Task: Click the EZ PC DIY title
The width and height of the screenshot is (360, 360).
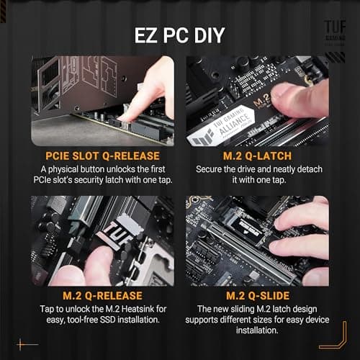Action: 180,34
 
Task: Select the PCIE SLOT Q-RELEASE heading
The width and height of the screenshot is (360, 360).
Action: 102,155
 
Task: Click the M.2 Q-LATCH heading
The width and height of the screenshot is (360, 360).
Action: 257,155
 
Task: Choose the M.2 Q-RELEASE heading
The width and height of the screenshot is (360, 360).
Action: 102,295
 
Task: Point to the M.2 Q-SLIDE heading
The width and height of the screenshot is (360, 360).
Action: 257,295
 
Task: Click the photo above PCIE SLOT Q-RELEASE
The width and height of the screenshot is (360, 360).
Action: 102,101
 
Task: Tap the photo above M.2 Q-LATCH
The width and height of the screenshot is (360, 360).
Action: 257,101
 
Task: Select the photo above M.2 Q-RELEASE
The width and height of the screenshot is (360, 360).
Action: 102,241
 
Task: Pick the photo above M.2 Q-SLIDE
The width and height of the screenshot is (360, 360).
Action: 257,241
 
